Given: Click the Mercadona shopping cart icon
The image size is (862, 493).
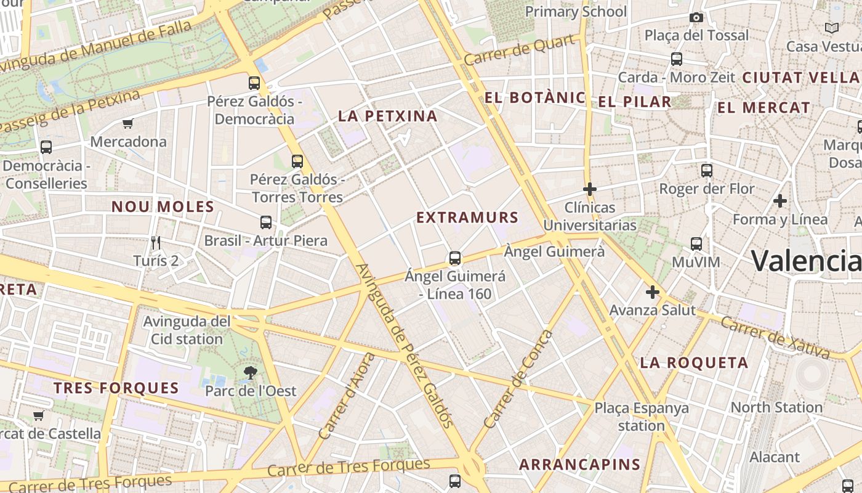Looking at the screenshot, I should click(127, 124).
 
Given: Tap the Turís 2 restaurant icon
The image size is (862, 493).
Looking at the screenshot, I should click(156, 242).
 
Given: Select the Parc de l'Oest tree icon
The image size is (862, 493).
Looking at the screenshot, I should click(250, 372).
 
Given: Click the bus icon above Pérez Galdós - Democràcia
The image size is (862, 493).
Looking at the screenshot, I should click(254, 83).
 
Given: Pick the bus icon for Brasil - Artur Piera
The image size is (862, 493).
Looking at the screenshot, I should click(266, 222).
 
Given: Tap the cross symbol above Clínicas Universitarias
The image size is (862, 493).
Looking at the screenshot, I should click(590, 189).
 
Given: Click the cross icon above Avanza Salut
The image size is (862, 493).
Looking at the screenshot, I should click(653, 292).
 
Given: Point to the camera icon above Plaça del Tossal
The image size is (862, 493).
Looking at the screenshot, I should click(696, 17).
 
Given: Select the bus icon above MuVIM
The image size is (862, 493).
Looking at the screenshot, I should click(696, 244).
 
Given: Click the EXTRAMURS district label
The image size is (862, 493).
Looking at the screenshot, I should click(468, 218).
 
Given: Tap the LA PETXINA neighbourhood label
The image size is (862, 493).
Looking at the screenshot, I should click(388, 116).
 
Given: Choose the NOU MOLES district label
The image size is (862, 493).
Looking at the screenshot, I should click(163, 206).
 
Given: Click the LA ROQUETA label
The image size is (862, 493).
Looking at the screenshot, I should click(694, 362).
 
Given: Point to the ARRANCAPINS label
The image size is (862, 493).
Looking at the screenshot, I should click(579, 464).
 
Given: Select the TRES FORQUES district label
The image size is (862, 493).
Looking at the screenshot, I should click(116, 388).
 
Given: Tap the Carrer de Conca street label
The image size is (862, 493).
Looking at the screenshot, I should click(518, 380).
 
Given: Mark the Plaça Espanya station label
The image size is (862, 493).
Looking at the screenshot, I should click(642, 417).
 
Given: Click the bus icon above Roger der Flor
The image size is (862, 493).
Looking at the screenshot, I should click(707, 171).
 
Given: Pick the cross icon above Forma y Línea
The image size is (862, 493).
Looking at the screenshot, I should click(780, 201).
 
